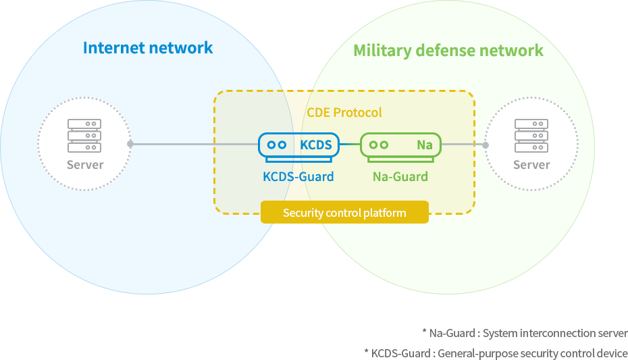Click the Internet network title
[x=148, y=48]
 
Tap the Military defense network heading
[x=448, y=51]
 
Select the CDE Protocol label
[x=344, y=113]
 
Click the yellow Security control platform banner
[x=344, y=212]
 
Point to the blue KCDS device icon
[x=298, y=147]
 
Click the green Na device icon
[x=400, y=147]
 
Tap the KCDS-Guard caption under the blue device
[x=298, y=176]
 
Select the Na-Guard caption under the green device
[x=400, y=176]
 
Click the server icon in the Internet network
[x=84, y=136]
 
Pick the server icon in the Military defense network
[x=531, y=136]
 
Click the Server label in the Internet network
[x=85, y=165]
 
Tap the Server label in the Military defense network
[x=532, y=165]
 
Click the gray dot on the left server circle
[x=130, y=144]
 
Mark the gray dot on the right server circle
[x=486, y=145]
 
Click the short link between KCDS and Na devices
[x=350, y=144]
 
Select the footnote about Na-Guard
[x=525, y=333]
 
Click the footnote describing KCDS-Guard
[x=496, y=353]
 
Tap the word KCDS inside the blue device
[x=316, y=145]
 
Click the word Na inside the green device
[x=425, y=145]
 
